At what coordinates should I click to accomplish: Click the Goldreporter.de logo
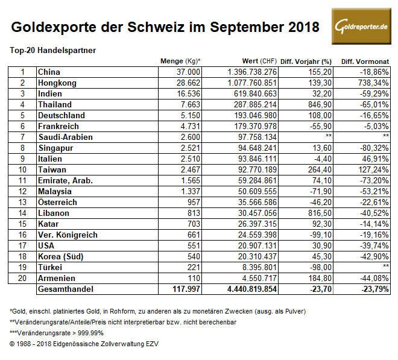click(x=363, y=26)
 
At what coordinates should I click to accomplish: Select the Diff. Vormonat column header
click(x=365, y=62)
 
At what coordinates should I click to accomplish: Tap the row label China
click(x=49, y=72)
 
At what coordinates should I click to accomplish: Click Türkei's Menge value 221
click(x=194, y=267)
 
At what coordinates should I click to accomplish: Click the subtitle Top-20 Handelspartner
click(x=53, y=50)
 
